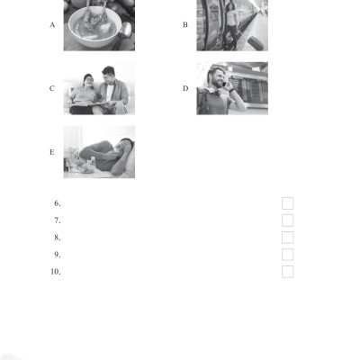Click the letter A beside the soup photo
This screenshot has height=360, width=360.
(x=52, y=25)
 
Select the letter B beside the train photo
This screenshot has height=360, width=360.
(x=185, y=25)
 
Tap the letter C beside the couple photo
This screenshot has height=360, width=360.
(x=52, y=88)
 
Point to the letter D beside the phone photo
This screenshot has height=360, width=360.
(x=185, y=88)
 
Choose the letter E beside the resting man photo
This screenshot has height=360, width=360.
(x=52, y=152)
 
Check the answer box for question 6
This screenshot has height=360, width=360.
(x=287, y=203)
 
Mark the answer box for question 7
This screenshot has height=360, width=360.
(x=287, y=220)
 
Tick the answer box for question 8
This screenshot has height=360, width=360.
(x=287, y=238)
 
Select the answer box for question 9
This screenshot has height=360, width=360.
(x=287, y=255)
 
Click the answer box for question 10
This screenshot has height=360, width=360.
(x=287, y=272)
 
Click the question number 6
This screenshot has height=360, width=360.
(x=58, y=203)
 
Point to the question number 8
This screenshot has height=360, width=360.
(x=58, y=238)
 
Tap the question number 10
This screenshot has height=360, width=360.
(x=56, y=272)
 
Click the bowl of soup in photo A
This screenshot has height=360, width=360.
(x=94, y=28)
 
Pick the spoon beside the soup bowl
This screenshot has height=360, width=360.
(x=123, y=33)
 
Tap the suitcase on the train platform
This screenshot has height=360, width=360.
(x=256, y=43)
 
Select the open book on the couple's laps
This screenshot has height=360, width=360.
(x=87, y=104)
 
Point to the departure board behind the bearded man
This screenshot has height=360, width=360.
(x=250, y=89)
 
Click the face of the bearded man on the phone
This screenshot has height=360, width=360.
(x=218, y=78)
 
